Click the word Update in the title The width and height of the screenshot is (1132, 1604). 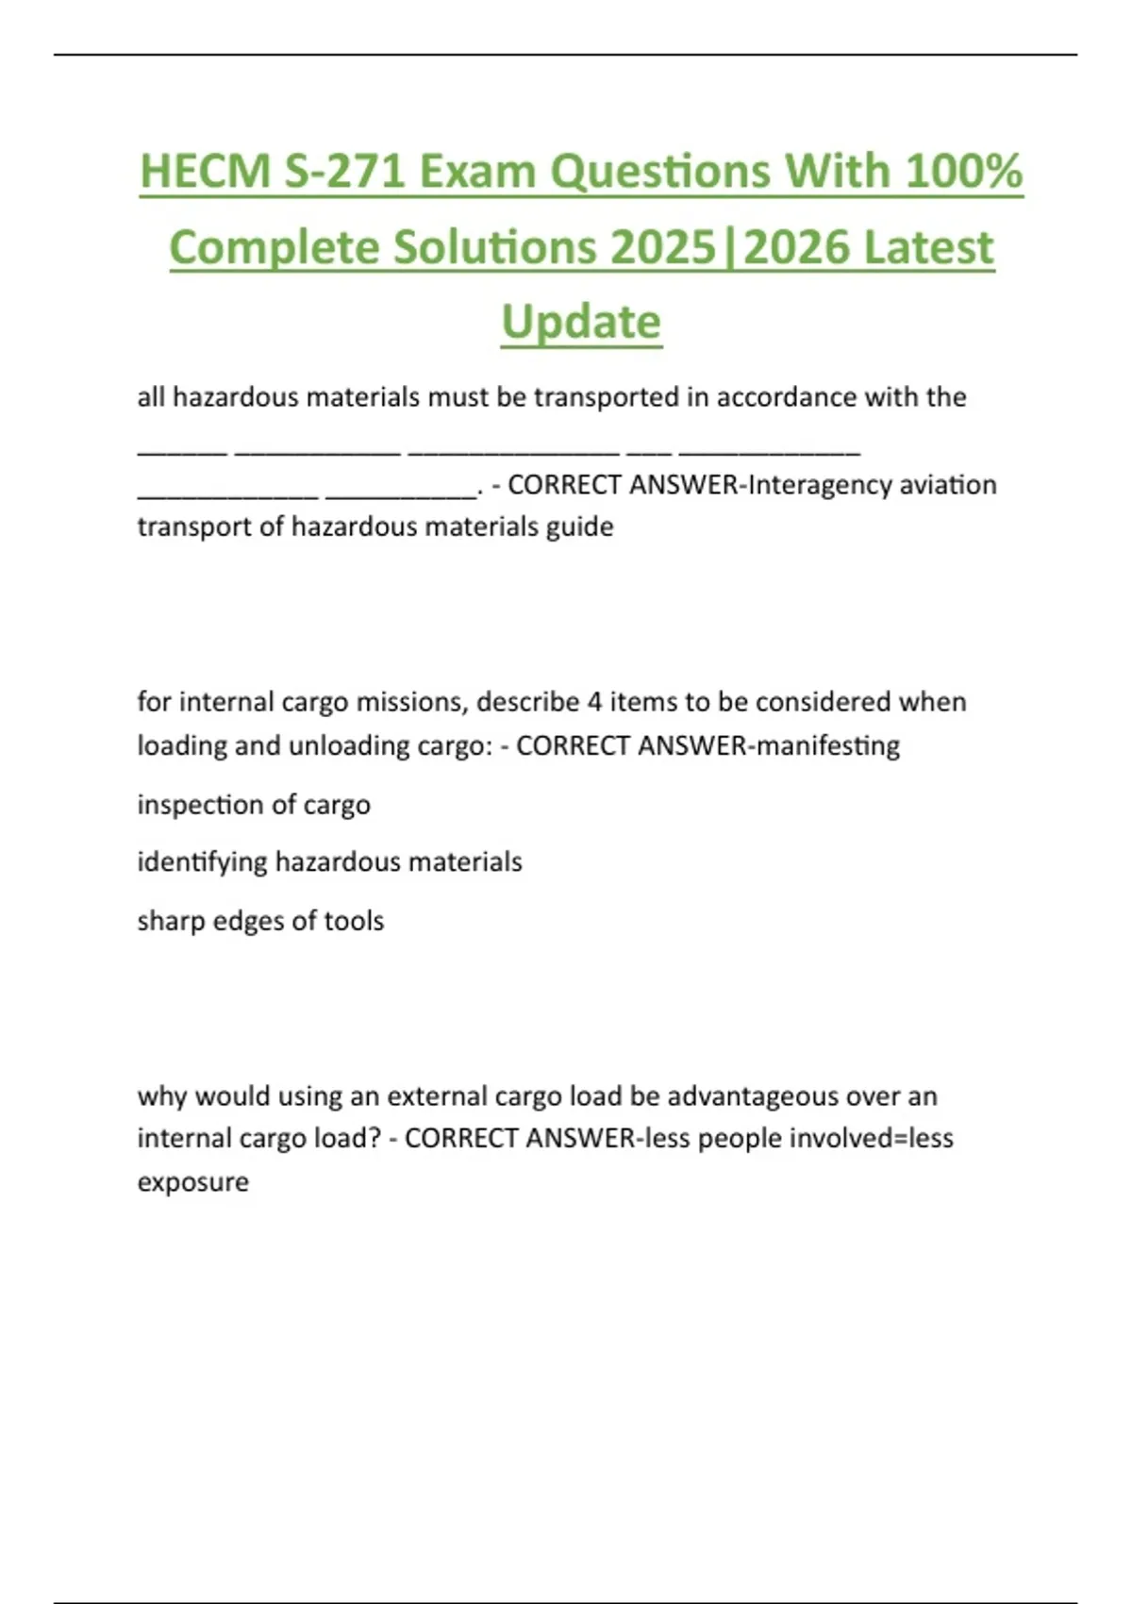tap(581, 323)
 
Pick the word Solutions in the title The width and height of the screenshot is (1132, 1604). tap(495, 248)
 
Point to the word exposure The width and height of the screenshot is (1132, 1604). tap(193, 1182)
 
